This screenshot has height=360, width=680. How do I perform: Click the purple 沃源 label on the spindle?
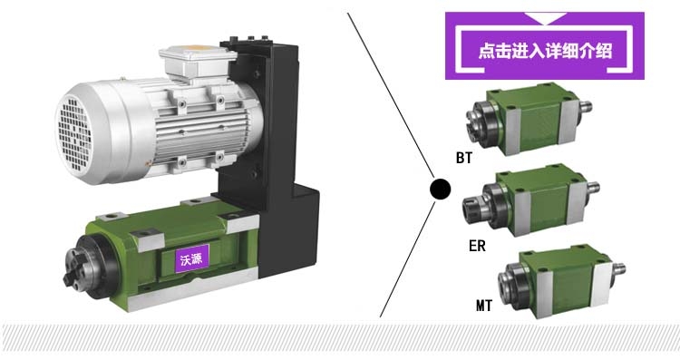tap(191, 258)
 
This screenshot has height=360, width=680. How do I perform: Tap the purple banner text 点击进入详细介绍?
tap(545, 51)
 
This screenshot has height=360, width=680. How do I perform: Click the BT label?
tap(464, 158)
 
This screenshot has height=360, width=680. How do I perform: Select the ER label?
tap(477, 246)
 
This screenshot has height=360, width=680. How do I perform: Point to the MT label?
tap(484, 306)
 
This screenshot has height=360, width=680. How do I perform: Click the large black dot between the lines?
tap(440, 190)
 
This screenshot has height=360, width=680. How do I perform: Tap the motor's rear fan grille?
tap(74, 133)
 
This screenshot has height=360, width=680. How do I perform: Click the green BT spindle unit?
tap(529, 119)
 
